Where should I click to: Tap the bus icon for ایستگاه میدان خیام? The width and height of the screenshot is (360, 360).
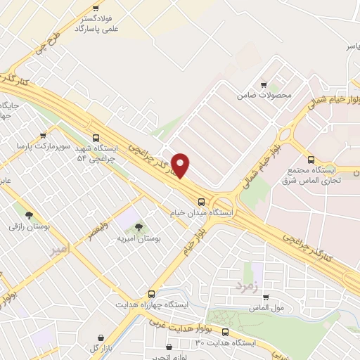202,200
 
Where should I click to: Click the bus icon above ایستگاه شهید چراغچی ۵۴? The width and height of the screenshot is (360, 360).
96,138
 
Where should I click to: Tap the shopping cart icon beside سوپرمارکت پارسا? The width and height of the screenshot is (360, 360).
44,135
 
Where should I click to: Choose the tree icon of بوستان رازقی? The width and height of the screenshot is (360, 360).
29,216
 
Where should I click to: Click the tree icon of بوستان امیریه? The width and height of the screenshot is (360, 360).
138,226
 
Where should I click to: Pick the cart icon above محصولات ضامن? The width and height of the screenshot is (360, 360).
264,83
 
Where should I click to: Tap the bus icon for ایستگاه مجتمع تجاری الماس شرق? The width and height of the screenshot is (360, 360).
311,159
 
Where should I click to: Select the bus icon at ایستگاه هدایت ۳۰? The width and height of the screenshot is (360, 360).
225,332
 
